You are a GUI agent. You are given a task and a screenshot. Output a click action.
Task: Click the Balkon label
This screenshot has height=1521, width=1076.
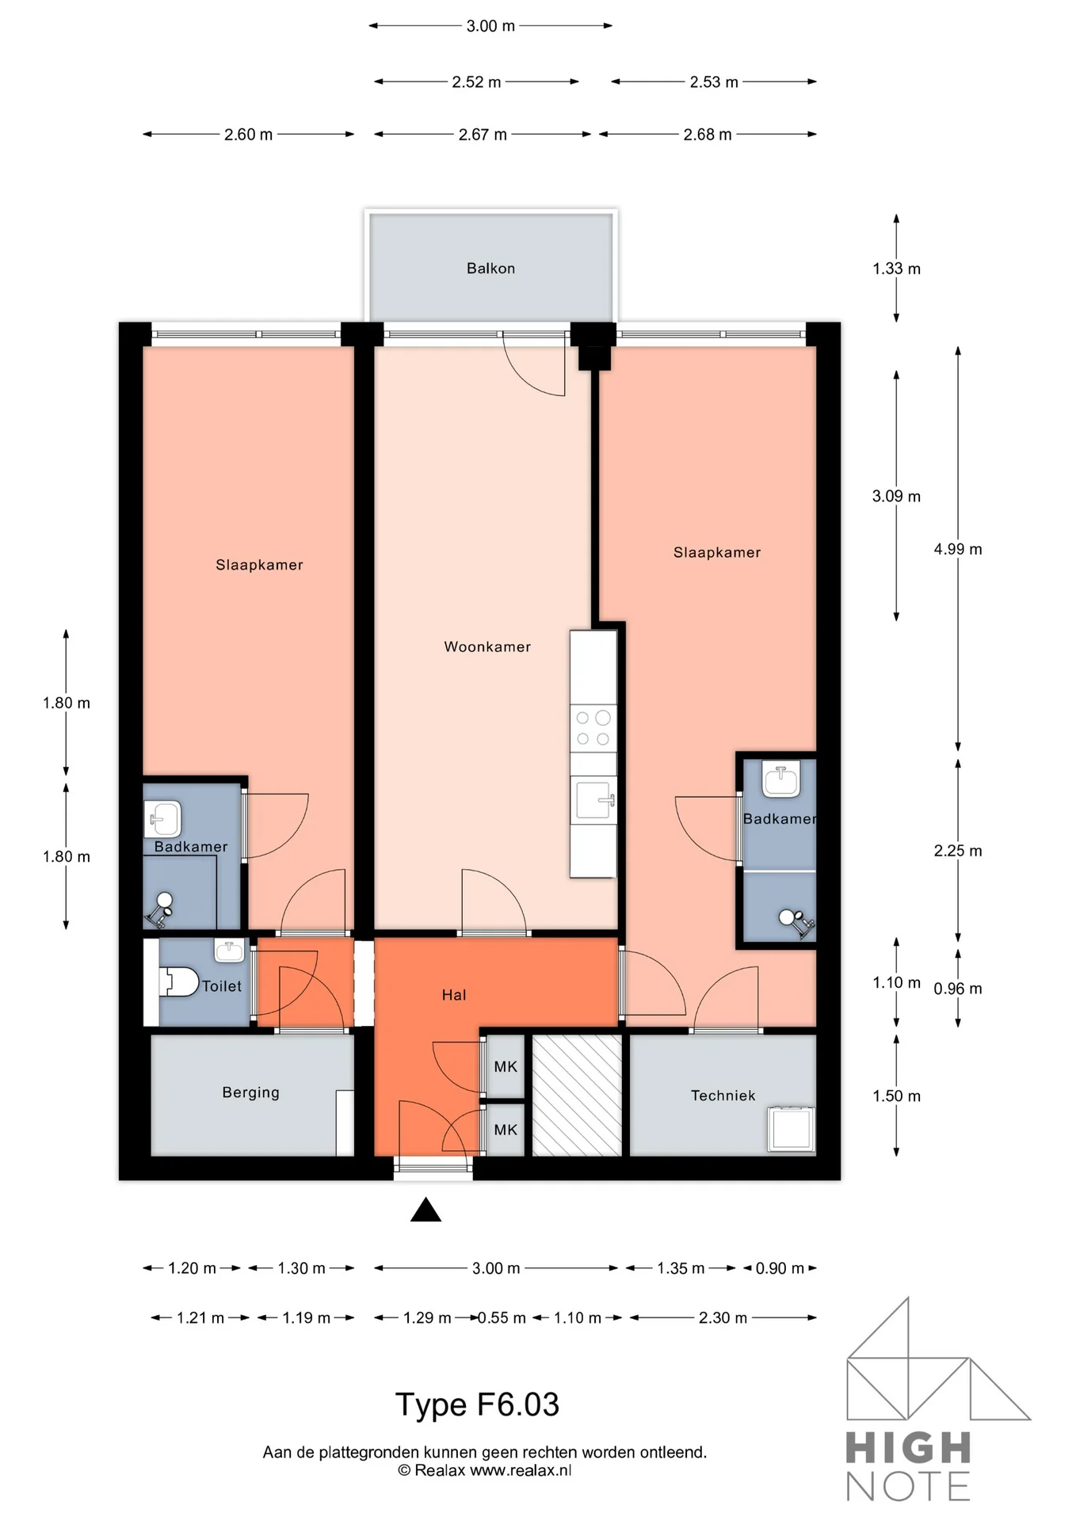pyautogui.click(x=490, y=269)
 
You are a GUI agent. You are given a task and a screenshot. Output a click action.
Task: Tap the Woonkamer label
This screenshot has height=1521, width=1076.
pyautogui.click(x=486, y=647)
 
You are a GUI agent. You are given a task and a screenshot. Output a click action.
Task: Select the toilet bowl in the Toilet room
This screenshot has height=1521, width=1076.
pyautogui.click(x=180, y=982)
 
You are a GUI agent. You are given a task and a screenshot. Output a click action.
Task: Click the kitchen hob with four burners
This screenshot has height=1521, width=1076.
pyautogui.click(x=593, y=728)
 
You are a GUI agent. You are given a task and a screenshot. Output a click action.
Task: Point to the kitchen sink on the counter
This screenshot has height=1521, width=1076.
pyautogui.click(x=593, y=799)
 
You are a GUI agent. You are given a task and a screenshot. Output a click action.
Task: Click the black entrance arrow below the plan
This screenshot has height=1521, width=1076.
pyautogui.click(x=425, y=1210)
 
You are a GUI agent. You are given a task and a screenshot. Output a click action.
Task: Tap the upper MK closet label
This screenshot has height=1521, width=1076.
pyautogui.click(x=506, y=1067)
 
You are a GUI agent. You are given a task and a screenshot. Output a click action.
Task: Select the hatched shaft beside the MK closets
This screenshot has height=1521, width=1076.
pyautogui.click(x=576, y=1096)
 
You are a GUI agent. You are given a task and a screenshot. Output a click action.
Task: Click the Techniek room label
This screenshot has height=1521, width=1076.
pyautogui.click(x=723, y=1096)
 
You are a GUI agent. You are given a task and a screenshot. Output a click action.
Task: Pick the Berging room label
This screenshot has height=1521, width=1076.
pyautogui.click(x=250, y=1092)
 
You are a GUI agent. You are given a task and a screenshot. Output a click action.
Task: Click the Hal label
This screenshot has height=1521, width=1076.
pyautogui.click(x=454, y=995)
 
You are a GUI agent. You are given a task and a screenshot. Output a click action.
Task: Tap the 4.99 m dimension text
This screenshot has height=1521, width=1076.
pyautogui.click(x=957, y=549)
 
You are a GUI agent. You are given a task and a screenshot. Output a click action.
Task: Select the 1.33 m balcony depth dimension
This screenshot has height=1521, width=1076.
pyautogui.click(x=896, y=269)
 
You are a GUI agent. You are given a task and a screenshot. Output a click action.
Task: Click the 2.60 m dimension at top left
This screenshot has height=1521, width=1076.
pyautogui.click(x=248, y=135)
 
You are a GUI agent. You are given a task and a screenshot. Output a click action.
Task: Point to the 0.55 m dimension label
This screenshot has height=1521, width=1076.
pyautogui.click(x=502, y=1318)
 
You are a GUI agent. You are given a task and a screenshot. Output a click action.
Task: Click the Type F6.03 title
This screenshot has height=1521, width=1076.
pyautogui.click(x=477, y=1405)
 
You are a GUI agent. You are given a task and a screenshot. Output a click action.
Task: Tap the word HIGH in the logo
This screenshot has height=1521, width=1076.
pyautogui.click(x=908, y=1449)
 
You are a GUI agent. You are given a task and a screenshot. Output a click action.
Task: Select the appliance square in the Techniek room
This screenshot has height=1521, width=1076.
pyautogui.click(x=790, y=1129)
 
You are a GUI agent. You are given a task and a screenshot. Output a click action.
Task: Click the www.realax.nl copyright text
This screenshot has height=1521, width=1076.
pyautogui.click(x=484, y=1471)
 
